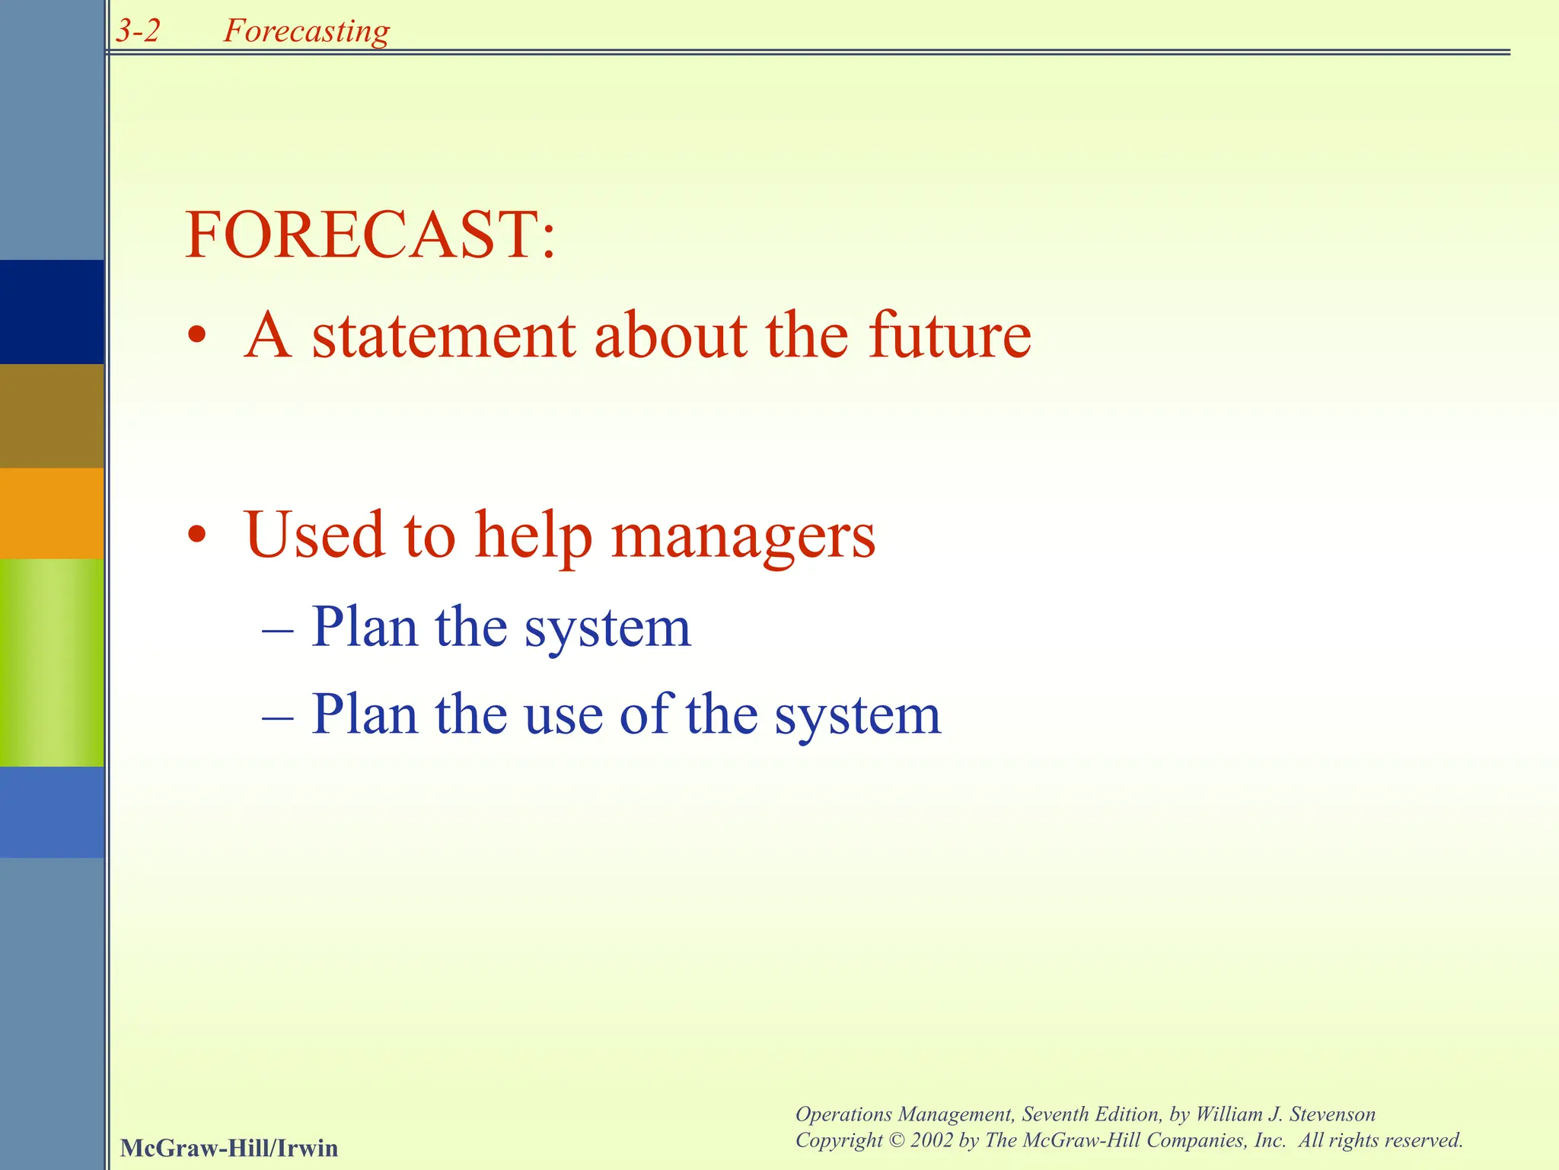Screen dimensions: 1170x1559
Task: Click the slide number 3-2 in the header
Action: pyautogui.click(x=139, y=31)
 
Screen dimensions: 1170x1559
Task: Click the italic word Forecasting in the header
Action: pyautogui.click(x=306, y=31)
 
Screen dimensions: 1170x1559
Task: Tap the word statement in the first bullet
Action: pyautogui.click(x=444, y=336)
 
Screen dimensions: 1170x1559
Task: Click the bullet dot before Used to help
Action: pyautogui.click(x=197, y=535)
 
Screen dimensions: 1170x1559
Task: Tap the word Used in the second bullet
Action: pyautogui.click(x=314, y=535)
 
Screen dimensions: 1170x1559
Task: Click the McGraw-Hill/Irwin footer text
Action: pyautogui.click(x=229, y=1148)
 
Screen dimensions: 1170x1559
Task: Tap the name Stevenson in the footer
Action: pyautogui.click(x=1332, y=1114)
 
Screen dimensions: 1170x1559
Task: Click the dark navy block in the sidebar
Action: pyautogui.click(x=52, y=312)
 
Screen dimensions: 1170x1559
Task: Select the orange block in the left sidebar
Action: pyautogui.click(x=52, y=513)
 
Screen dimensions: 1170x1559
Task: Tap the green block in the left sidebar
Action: pyautogui.click(x=52, y=662)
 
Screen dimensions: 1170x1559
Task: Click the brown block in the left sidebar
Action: pyautogui.click(x=52, y=416)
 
